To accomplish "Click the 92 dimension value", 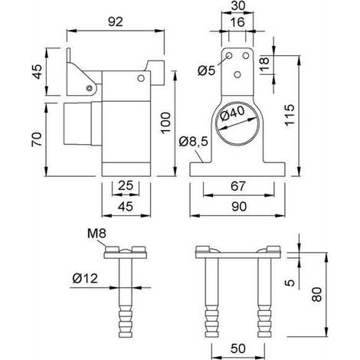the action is pos(116,22).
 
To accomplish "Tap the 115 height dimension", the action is pos(290,115).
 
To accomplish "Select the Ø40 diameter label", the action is pos(232,113).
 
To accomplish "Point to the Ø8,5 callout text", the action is pos(194,141).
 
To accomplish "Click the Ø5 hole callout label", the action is pos(207,70).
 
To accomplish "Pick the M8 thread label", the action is pos(97,234).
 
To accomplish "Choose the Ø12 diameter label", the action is pos(85,278).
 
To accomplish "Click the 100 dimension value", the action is pos(165,123).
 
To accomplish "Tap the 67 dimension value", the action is pos(238,186).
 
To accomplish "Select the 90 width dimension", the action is pos(239,206).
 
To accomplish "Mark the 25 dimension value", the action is pos(126,185).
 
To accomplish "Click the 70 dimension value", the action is pos(37,139).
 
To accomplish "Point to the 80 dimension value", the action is pos(317,294).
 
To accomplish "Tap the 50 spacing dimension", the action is pos(238,349).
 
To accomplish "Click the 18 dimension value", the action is pos(264,64).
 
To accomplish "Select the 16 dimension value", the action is pos(237,22).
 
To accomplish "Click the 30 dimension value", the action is pos(238,5).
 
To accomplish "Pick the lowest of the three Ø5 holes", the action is pos(237,74).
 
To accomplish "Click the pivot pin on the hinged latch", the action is pos(89,88).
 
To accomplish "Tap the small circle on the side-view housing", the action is pos(141,78).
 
